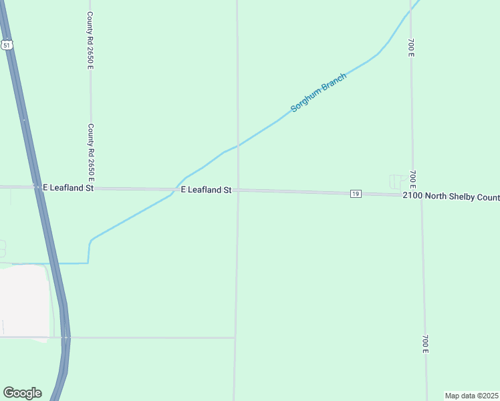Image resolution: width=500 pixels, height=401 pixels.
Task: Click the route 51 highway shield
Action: point(6,45)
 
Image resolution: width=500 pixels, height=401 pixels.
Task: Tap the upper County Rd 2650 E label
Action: point(90,39)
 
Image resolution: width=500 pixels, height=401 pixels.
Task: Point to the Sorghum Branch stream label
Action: point(318,92)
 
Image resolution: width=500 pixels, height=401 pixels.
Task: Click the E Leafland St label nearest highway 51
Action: point(68,188)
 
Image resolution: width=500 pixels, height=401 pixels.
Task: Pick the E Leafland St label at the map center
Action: point(206,190)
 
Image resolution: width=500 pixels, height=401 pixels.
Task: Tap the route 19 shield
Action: point(356,194)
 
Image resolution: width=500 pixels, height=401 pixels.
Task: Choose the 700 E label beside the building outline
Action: point(413,178)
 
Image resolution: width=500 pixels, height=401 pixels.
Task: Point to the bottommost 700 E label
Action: point(424,344)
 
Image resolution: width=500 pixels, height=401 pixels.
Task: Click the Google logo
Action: point(22,393)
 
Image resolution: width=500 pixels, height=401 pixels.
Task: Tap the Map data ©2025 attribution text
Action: point(472,396)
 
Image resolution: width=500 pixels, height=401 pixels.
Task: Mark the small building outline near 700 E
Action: point(397,181)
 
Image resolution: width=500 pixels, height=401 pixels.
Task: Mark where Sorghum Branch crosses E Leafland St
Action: point(175,190)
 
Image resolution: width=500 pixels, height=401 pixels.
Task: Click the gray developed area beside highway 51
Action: point(25,301)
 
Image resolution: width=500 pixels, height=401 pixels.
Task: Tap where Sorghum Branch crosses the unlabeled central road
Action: point(237,145)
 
